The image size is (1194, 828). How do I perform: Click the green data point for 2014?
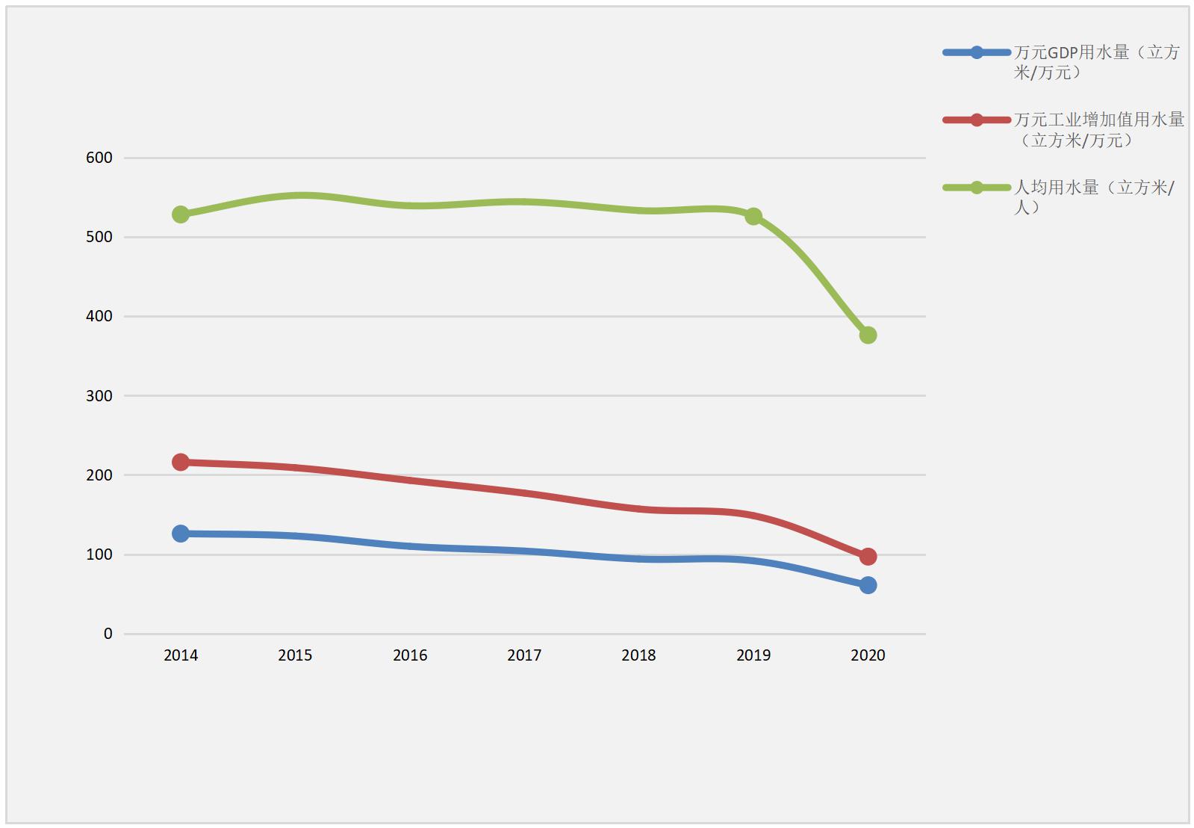tap(181, 214)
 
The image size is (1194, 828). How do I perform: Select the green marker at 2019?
tap(753, 216)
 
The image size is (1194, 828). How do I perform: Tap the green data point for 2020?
tap(868, 335)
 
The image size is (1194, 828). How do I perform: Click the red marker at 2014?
tap(181, 462)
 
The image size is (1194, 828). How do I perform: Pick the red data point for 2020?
tap(868, 556)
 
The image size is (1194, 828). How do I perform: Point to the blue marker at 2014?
tap(181, 533)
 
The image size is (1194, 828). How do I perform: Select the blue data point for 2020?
tap(868, 585)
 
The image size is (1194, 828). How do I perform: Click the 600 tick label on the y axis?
tap(99, 158)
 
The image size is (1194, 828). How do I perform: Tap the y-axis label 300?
tap(99, 396)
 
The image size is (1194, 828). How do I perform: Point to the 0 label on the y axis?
tap(108, 634)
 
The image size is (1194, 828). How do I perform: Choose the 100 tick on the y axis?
tap(99, 554)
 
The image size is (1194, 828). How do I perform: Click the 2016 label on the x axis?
tap(410, 655)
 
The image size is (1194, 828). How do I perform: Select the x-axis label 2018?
tap(638, 655)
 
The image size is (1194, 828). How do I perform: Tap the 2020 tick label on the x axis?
tap(868, 655)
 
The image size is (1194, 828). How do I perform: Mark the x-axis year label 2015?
tap(295, 655)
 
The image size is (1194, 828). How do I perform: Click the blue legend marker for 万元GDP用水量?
tap(977, 52)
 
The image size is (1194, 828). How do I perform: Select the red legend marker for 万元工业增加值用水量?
tap(977, 120)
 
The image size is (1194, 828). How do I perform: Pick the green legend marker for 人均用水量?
tap(977, 188)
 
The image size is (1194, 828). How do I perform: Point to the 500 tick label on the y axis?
tap(99, 237)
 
